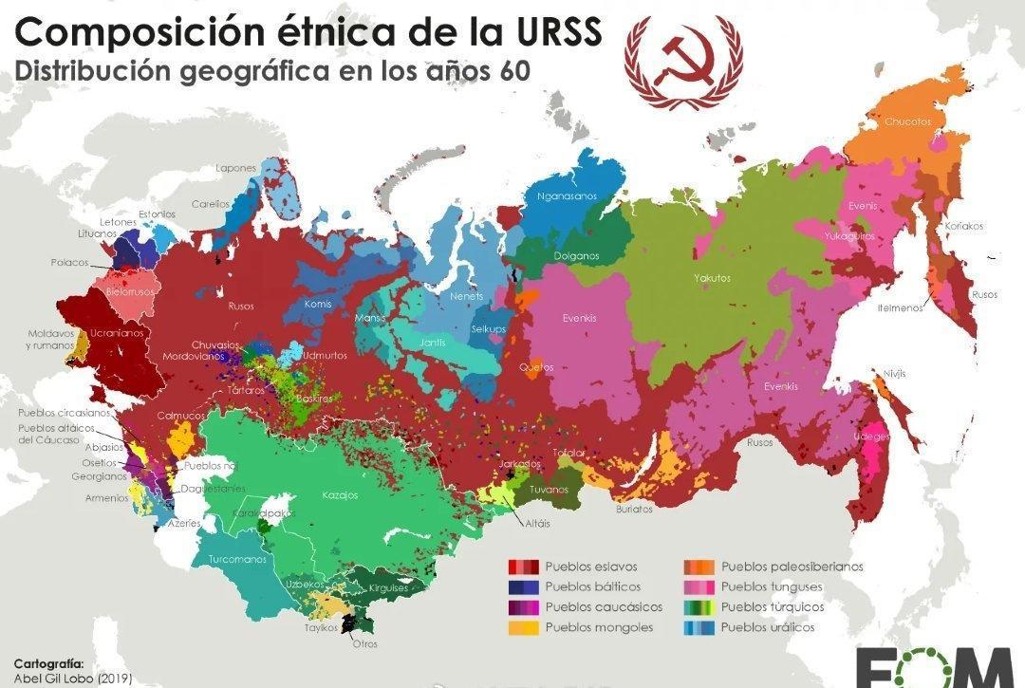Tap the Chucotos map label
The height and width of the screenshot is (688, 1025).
point(907,121)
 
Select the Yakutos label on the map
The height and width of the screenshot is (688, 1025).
point(712,278)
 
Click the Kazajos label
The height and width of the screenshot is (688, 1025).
point(341,495)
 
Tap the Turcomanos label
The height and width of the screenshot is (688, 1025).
point(237,559)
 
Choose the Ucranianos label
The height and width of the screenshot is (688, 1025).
point(117,333)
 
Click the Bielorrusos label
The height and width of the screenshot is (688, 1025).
point(130,291)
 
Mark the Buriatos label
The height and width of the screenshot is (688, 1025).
point(634,509)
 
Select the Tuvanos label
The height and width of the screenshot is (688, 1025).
point(550,490)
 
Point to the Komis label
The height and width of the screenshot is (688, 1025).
point(318,305)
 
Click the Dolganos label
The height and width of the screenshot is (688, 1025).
point(576,256)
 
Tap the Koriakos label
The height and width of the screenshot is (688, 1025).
point(963,226)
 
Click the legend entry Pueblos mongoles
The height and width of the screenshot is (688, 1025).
point(599,627)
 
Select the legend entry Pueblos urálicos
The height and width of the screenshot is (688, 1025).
point(767,627)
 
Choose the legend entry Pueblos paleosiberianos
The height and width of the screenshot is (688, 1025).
point(792,567)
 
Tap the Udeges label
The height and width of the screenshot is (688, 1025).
point(871,437)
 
